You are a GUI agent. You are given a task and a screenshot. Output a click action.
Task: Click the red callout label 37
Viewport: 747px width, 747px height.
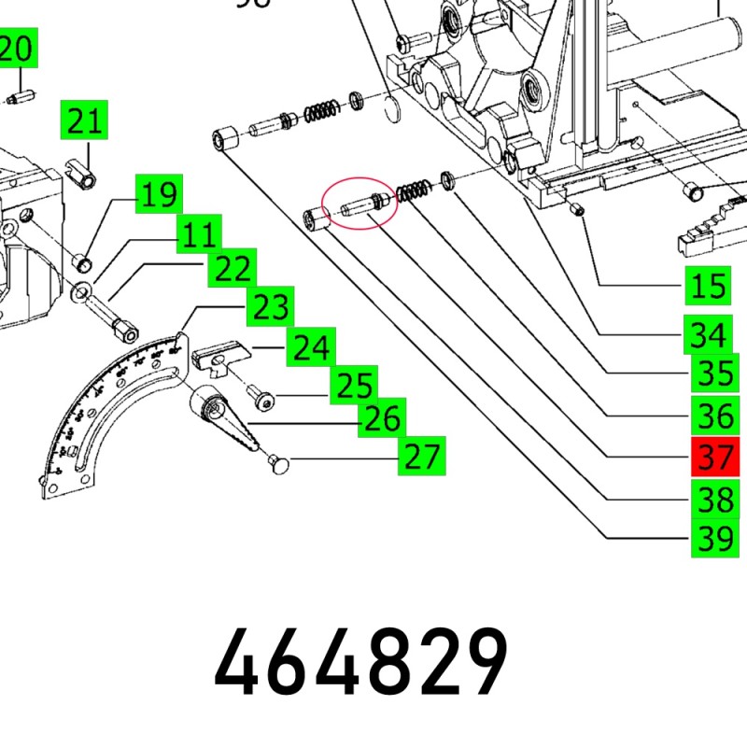click(714, 458)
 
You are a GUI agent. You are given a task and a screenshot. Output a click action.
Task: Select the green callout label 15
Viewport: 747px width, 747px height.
click(707, 286)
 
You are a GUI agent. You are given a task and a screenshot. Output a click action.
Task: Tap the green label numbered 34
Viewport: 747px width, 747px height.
click(707, 332)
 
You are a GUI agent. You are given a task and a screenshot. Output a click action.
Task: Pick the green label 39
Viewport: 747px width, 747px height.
click(713, 539)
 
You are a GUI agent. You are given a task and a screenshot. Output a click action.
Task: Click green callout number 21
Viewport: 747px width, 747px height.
click(84, 122)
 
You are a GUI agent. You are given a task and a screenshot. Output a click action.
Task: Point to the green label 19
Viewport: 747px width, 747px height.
click(160, 195)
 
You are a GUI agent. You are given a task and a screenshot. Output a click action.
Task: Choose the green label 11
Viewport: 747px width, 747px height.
click(199, 234)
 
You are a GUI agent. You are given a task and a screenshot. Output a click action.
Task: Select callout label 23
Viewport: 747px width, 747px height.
click(269, 307)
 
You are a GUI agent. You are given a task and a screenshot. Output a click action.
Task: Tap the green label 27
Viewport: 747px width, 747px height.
click(422, 458)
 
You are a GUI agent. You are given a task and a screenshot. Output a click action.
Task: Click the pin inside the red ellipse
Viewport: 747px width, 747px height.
click(360, 204)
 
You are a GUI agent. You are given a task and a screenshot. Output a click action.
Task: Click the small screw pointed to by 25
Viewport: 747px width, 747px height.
click(262, 400)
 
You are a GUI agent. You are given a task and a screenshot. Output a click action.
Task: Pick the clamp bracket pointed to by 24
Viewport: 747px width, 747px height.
click(222, 359)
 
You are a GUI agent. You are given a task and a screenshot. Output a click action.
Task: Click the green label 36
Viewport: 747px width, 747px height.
click(714, 414)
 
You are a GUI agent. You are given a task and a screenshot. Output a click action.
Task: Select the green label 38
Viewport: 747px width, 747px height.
click(713, 500)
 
